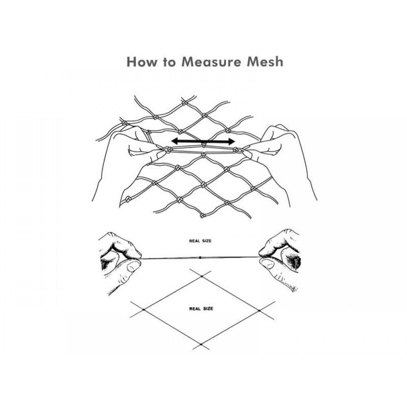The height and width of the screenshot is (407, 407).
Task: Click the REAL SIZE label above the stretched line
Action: point(200,241)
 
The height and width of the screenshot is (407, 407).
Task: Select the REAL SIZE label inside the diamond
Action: point(201,309)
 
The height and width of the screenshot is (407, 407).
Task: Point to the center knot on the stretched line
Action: point(200,258)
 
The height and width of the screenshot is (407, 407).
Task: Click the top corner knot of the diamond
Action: point(201,276)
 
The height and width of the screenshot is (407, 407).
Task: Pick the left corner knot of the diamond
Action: point(144,310)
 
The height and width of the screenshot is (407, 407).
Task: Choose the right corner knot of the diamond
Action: point(259,311)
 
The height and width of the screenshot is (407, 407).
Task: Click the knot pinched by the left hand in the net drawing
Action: point(167,150)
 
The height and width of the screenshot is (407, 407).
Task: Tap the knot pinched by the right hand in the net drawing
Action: point(237,151)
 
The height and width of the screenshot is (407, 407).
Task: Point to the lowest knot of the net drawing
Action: point(202,215)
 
